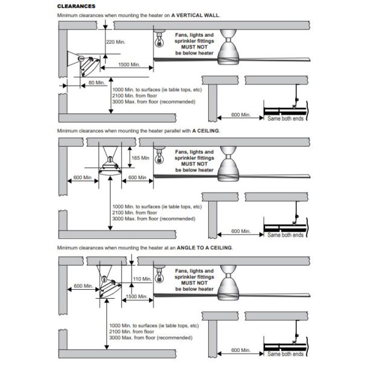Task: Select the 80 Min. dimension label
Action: pyautogui.click(x=97, y=81)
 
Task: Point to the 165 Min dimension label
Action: pyautogui.click(x=140, y=157)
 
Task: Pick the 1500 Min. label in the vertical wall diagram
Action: pyautogui.click(x=130, y=64)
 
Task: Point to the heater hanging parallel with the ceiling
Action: pyautogui.click(x=109, y=165)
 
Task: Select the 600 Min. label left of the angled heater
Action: pyautogui.click(x=84, y=286)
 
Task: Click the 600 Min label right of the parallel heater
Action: pyautogui.click(x=136, y=177)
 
